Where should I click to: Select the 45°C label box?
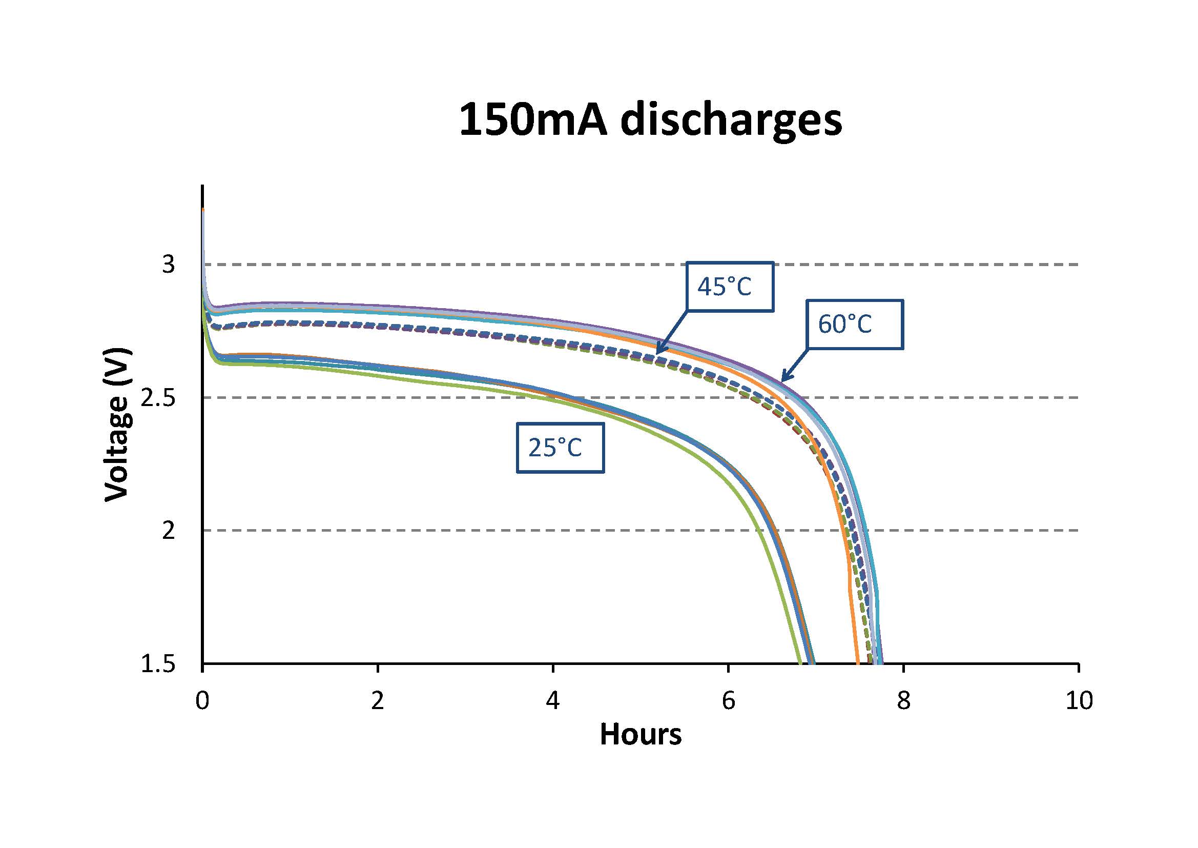coord(730,286)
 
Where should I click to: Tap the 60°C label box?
coord(855,324)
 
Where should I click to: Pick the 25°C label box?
coord(560,448)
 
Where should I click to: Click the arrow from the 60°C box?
coord(795,366)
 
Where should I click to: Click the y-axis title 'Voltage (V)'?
coord(116,424)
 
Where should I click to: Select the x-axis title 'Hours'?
coord(640,735)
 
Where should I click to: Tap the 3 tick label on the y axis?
coord(169,265)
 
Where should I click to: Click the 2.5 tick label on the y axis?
coord(158,398)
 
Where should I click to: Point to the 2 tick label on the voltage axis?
coord(169,531)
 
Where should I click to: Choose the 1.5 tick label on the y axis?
coord(158,664)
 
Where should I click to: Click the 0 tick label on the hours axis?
coord(202,701)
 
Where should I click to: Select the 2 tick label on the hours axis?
coord(377,701)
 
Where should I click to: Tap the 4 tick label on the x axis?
coord(552,701)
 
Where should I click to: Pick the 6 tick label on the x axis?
coord(728,701)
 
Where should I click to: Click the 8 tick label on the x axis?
coord(903,701)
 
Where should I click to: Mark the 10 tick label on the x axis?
coord(1079,701)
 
